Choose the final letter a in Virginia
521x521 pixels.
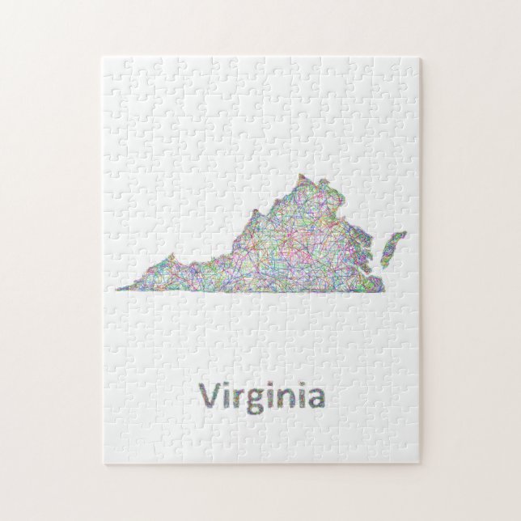[316, 400]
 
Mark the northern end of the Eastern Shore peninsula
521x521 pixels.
[403, 233]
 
